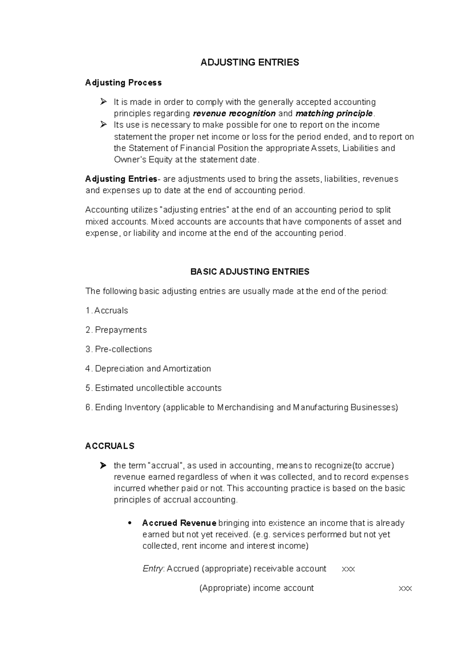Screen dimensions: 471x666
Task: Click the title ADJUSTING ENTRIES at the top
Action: (x=250, y=62)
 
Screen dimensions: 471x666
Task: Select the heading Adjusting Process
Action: (x=123, y=83)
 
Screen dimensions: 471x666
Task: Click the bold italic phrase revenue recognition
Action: (x=234, y=114)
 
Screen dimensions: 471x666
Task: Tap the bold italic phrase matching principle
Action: (x=334, y=114)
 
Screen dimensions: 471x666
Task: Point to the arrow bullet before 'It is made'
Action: (x=103, y=102)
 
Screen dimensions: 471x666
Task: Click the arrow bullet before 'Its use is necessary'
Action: (x=103, y=125)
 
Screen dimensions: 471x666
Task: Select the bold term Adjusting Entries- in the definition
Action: (x=122, y=179)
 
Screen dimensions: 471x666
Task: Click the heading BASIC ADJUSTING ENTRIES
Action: (x=250, y=272)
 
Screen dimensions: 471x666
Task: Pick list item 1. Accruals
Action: (x=107, y=311)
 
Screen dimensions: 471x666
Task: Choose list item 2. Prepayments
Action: (x=116, y=330)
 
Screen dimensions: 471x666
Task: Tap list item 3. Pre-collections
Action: (x=119, y=349)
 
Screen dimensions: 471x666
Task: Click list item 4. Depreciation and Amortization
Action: (x=148, y=369)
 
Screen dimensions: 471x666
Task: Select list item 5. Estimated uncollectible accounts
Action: (x=153, y=388)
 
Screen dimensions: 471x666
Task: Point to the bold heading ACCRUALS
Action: (x=110, y=446)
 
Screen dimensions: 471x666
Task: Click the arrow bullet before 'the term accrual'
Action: (x=103, y=466)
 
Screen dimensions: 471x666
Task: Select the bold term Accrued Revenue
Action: (x=179, y=523)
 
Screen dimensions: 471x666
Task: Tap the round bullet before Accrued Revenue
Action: (x=130, y=524)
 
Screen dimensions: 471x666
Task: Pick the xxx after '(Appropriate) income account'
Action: (x=405, y=589)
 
